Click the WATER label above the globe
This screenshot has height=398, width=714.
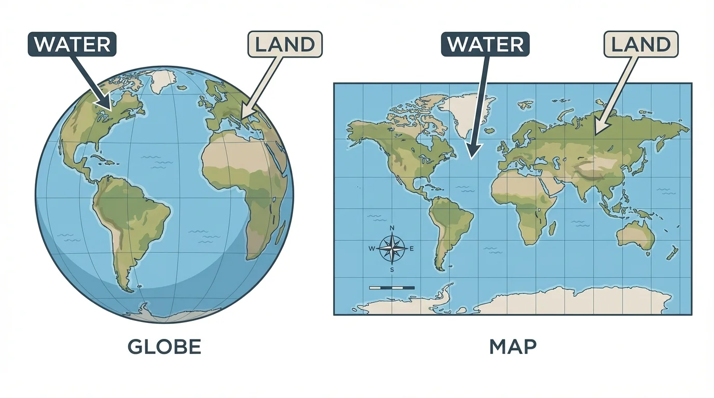click(72, 44)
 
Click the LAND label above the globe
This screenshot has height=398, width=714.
click(285, 44)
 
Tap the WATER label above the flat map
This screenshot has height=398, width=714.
click(485, 44)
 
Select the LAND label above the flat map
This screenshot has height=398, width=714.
click(641, 44)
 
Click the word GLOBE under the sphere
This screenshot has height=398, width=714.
click(164, 347)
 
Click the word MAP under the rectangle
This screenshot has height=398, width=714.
click(513, 347)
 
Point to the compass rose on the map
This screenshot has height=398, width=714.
click(392, 249)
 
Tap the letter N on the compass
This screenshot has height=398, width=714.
click(392, 229)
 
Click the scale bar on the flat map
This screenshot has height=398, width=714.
click(392, 287)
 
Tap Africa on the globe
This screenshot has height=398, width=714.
click(244, 176)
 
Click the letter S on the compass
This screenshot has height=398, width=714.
click(392, 269)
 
